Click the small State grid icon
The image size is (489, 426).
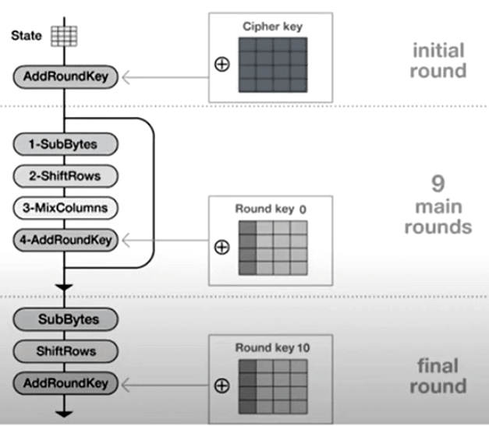click(x=60, y=36)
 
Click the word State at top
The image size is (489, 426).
click(x=26, y=36)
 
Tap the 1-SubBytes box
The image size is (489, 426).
click(x=65, y=144)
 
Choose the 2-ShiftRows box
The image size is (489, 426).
click(x=65, y=176)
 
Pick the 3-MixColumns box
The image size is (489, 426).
click(x=65, y=208)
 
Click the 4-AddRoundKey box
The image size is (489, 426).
click(x=65, y=241)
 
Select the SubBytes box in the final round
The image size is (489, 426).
click(x=65, y=319)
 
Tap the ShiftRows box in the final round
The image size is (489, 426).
click(x=65, y=351)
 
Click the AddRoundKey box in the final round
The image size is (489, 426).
click(x=65, y=383)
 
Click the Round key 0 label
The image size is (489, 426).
click(x=271, y=209)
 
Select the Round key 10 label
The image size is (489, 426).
click(x=272, y=348)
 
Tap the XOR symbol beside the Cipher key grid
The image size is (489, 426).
click(x=221, y=64)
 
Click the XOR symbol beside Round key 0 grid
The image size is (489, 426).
click(x=221, y=247)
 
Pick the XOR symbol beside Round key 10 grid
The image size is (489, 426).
click(x=221, y=385)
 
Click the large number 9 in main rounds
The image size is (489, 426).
click(x=438, y=184)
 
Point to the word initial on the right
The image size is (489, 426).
click(x=439, y=51)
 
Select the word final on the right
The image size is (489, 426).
click(x=439, y=365)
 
